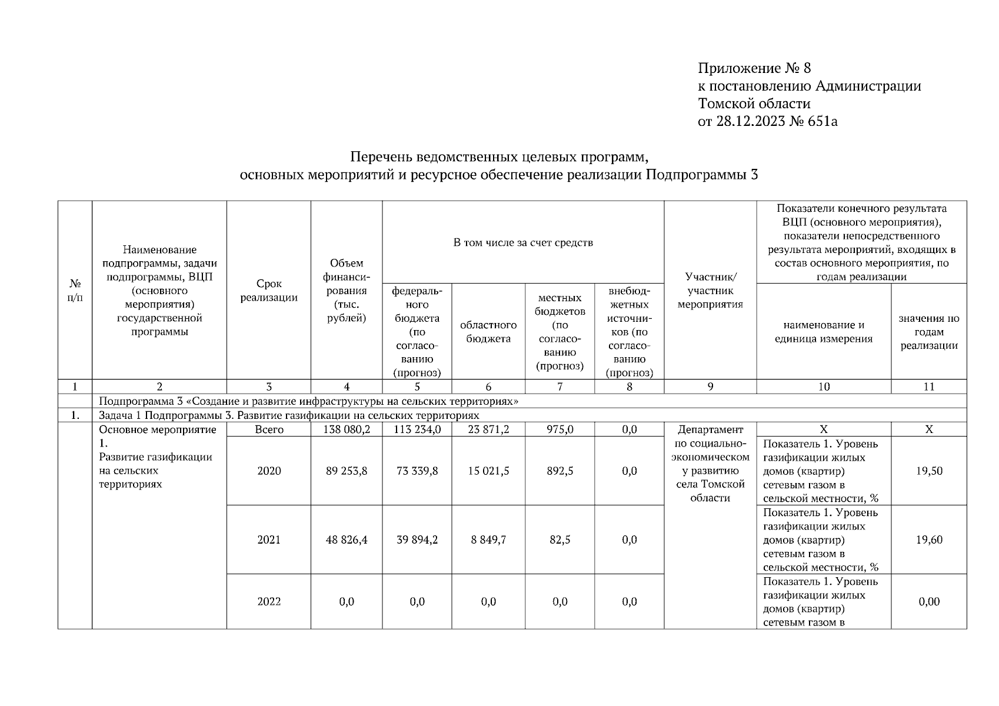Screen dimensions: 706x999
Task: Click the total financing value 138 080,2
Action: coord(347,429)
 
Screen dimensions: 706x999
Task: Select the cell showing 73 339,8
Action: coord(417,471)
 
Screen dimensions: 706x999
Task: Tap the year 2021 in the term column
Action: coord(269,540)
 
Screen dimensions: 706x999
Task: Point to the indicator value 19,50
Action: coord(928,471)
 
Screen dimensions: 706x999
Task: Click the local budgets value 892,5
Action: coord(560,471)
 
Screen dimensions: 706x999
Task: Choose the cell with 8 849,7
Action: coord(488,540)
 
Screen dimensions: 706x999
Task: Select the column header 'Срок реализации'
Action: coord(269,291)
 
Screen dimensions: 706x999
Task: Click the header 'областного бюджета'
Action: coord(488,332)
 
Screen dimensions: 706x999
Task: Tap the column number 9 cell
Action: coord(710,387)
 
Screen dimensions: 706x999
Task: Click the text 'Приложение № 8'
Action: coord(754,68)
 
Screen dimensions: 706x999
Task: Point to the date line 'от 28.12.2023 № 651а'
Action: coord(767,121)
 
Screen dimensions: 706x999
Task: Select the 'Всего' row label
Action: coord(269,429)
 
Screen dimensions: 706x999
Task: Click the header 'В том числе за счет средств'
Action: coord(523,242)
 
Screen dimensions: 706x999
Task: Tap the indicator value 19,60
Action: coord(928,540)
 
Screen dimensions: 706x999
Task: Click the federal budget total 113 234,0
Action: coord(417,429)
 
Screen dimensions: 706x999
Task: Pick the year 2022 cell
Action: coord(269,601)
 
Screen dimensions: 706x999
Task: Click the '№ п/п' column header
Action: coord(75,291)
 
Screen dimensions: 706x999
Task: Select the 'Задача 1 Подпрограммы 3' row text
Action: coord(289,415)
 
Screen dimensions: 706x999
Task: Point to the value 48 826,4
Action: coord(347,540)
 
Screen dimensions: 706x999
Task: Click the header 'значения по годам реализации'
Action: coord(928,332)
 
